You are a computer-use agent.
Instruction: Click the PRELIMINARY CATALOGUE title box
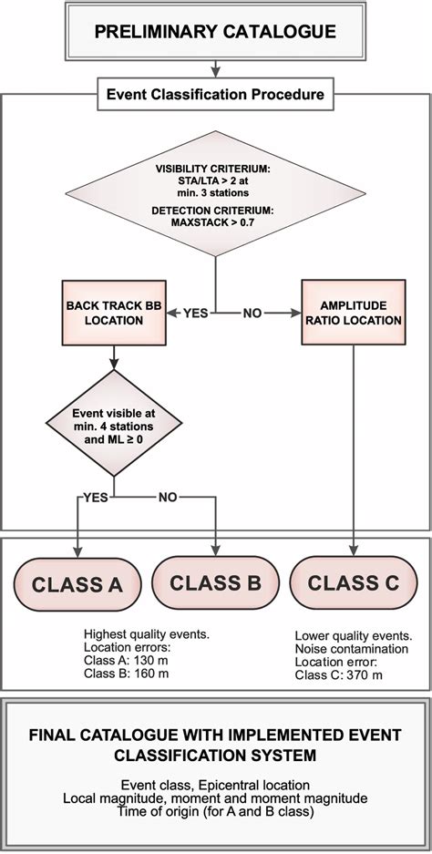click(x=216, y=32)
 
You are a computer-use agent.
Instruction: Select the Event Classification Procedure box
click(x=216, y=93)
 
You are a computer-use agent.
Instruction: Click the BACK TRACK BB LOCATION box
click(x=114, y=312)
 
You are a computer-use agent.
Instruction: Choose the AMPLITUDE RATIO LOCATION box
click(x=353, y=312)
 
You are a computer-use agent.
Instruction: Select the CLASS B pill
click(x=216, y=582)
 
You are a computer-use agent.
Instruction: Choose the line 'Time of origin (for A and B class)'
click(x=216, y=811)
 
